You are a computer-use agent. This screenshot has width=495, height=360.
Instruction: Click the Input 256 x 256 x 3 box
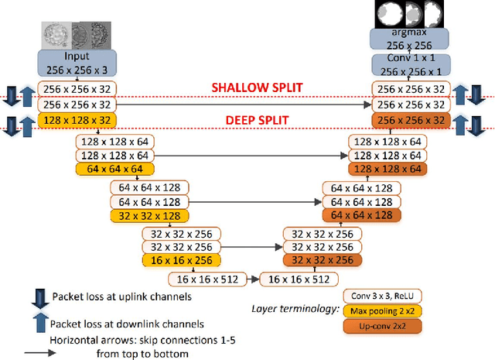tap(77, 63)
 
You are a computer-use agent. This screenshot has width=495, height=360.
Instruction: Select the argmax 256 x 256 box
tap(410, 40)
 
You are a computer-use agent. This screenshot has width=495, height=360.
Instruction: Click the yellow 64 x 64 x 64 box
tap(114, 169)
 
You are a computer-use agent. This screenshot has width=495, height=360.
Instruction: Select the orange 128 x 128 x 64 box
tap(386, 169)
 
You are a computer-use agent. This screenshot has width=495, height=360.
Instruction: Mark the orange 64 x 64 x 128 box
tap(361, 216)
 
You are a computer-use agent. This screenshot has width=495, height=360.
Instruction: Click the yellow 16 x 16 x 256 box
tap(181, 261)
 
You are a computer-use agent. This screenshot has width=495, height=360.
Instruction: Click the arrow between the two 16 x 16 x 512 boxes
tap(253, 279)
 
